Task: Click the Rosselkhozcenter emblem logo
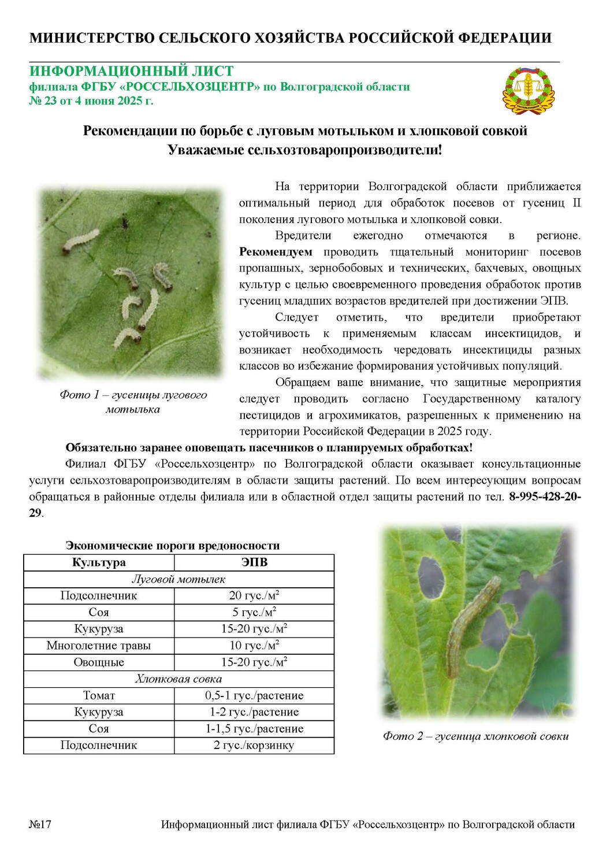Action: point(529,90)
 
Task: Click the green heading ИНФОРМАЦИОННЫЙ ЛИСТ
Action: point(132,71)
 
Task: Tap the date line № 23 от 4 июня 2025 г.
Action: point(91,101)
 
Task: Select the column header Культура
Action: point(99,562)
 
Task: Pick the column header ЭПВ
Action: point(254,562)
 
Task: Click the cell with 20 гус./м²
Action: point(254,596)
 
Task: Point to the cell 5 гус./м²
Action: point(254,612)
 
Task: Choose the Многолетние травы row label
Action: point(99,646)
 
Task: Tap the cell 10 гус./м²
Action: point(254,646)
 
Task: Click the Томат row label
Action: point(99,695)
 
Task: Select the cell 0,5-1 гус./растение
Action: point(254,695)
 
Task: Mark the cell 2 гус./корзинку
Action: point(254,746)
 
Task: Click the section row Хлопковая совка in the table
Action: point(178,679)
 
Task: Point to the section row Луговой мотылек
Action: point(178,579)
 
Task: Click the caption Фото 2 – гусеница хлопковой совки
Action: point(475,736)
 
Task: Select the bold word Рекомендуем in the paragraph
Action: point(276,252)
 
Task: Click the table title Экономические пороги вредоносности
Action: point(172,546)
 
